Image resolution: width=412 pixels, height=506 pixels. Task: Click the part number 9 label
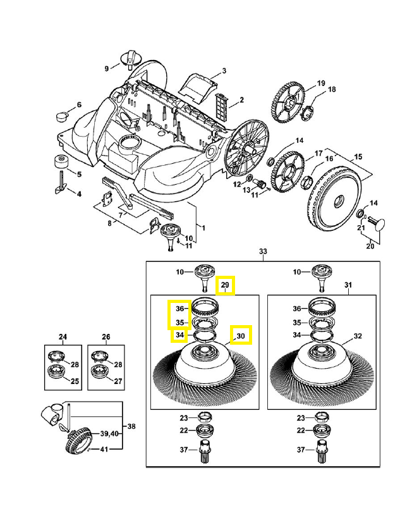(107, 68)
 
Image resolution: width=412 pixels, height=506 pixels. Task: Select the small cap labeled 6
(62, 116)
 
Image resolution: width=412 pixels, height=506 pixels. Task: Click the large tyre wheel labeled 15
(331, 199)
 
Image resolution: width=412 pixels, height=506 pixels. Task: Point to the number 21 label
(361, 228)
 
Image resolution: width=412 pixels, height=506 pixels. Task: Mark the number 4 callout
(79, 193)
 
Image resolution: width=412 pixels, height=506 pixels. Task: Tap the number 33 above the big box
(263, 252)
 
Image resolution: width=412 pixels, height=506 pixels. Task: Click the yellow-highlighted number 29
(225, 286)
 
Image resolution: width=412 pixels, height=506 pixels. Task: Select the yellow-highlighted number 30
(241, 335)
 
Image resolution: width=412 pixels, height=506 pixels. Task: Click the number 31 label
(348, 286)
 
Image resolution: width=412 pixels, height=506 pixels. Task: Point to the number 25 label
(75, 381)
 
